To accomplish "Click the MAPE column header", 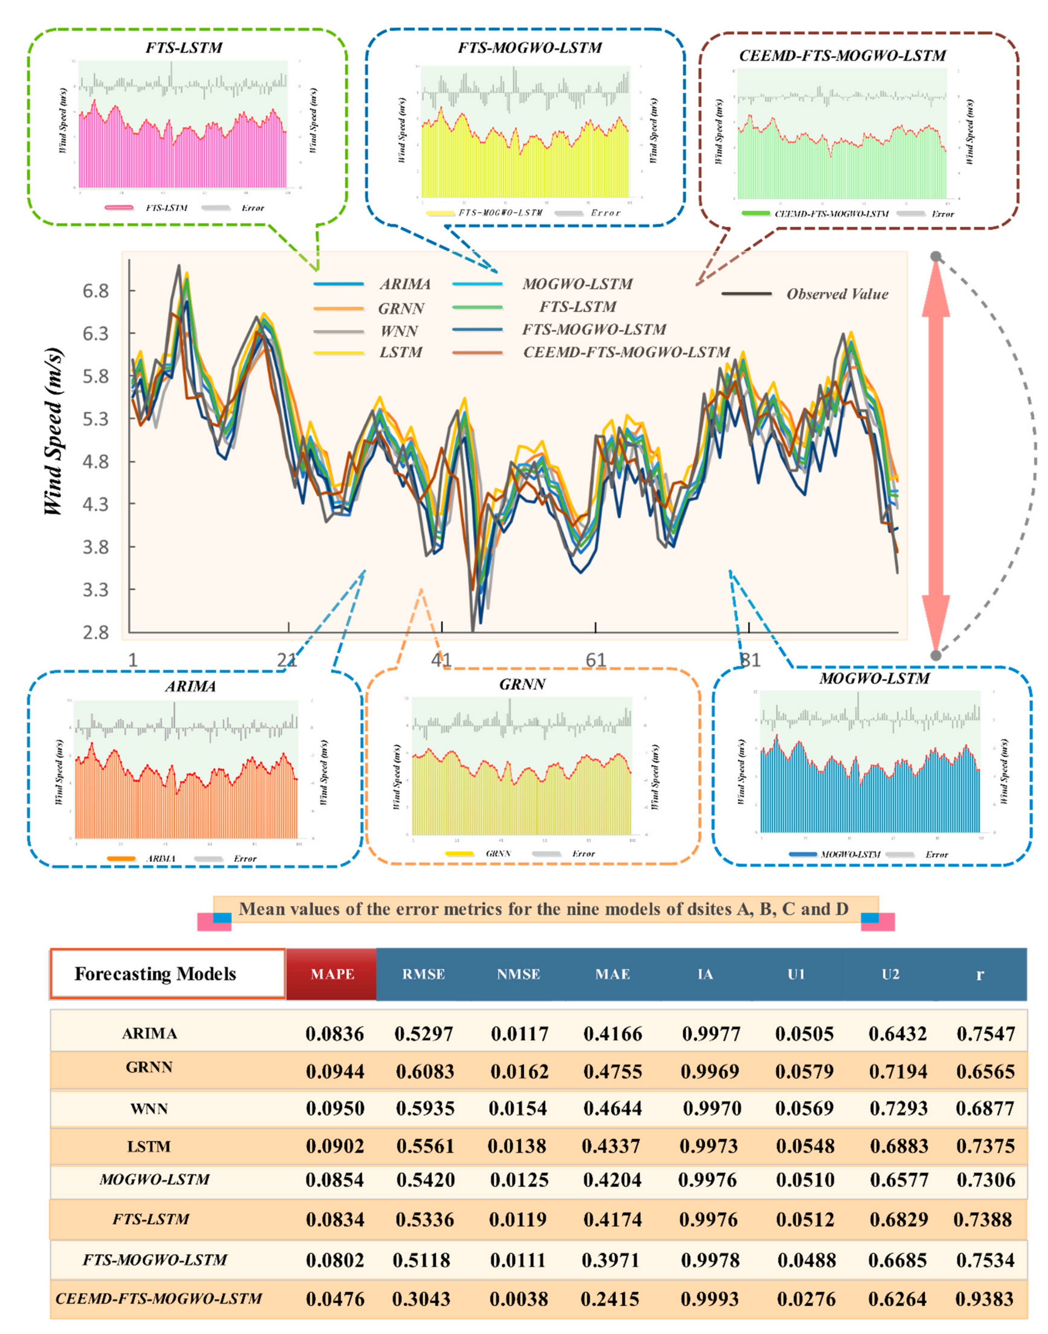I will coord(332,974).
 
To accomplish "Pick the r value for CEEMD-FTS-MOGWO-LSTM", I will coord(985,1298).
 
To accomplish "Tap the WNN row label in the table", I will coord(149,1109).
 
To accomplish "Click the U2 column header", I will coord(890,974).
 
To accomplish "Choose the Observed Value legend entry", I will coord(837,294).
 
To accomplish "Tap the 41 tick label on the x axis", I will coord(441,660).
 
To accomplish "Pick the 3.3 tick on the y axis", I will coord(96,590).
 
